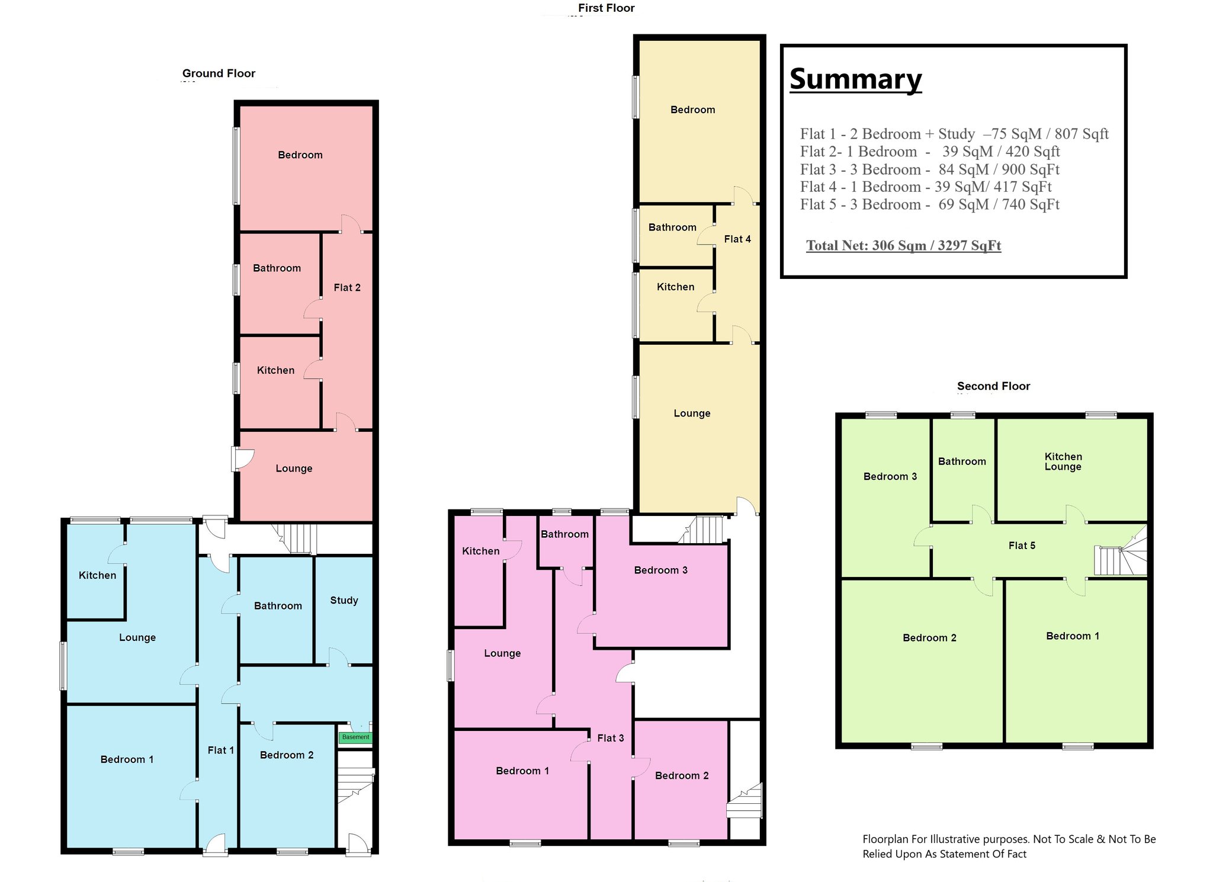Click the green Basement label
355,737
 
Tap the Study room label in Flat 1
344,600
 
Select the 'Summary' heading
856,79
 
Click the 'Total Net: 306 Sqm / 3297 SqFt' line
903,245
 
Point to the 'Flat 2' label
347,287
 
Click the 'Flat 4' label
737,239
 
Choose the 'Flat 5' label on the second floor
1022,546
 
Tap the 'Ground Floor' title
219,73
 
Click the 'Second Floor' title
994,386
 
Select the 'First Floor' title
606,8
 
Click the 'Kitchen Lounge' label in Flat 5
1063,461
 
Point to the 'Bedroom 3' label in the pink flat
661,570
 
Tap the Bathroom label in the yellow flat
672,227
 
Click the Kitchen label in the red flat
275,370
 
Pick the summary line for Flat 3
929,169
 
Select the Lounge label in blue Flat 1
137,637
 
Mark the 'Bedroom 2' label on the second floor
929,637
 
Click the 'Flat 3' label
611,738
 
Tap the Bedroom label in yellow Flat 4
692,110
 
